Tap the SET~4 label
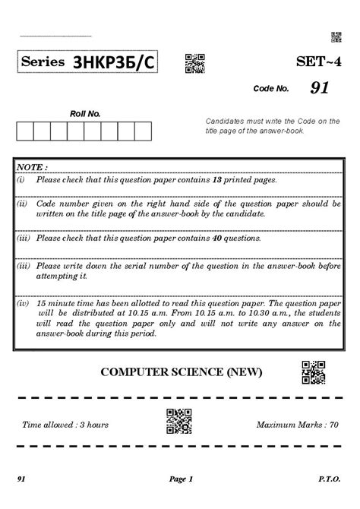pos(318,62)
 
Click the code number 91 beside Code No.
pos(319,89)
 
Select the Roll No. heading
pos(84,114)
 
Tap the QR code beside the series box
pos(194,64)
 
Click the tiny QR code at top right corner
pos(336,37)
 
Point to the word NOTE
pos(31,166)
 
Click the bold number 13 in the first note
pos(216,180)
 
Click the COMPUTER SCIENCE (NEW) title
pos(181,371)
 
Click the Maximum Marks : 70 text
pos(297,425)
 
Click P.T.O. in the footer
pos(329,479)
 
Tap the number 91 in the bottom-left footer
pos(23,479)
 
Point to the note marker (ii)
pos(23,204)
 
